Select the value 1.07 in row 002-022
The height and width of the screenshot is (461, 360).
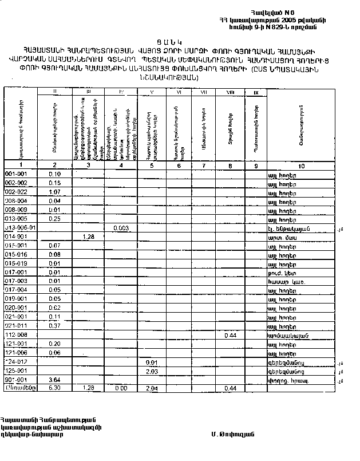[x=55, y=192]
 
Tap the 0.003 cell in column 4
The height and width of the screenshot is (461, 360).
[x=120, y=228]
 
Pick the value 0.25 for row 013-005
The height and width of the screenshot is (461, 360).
[x=55, y=219]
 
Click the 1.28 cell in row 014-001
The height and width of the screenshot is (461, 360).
[x=88, y=237]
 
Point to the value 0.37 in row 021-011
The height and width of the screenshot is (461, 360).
[x=55, y=326]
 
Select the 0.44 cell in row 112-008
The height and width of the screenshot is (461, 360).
[x=231, y=335]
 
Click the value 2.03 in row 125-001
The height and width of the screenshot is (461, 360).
[x=152, y=371]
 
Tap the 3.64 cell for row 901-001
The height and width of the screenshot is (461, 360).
[x=55, y=380]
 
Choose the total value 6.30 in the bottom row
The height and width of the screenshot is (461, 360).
[x=55, y=388]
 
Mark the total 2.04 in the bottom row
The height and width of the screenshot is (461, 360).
[x=152, y=388]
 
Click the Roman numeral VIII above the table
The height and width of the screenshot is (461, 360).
[x=230, y=92]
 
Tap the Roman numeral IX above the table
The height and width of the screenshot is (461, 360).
[x=256, y=92]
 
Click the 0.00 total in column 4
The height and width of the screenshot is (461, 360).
[x=120, y=388]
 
